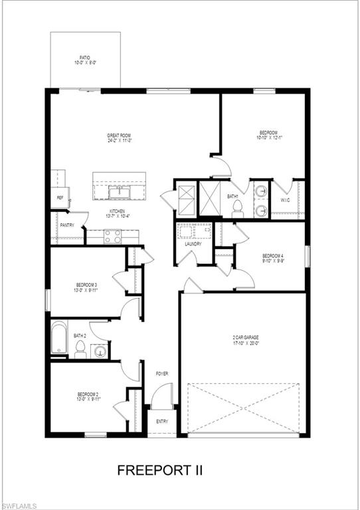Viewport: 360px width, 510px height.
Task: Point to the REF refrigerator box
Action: (60, 198)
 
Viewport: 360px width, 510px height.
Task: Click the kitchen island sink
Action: (120, 193)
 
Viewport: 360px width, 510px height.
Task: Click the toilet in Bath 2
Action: (80, 349)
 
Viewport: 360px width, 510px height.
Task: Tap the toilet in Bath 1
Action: (238, 207)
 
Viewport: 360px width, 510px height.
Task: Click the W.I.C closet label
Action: (286, 200)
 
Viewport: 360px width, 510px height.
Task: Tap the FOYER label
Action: (162, 374)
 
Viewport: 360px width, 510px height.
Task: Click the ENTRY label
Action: (162, 422)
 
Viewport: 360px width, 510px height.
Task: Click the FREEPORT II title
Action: (160, 470)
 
